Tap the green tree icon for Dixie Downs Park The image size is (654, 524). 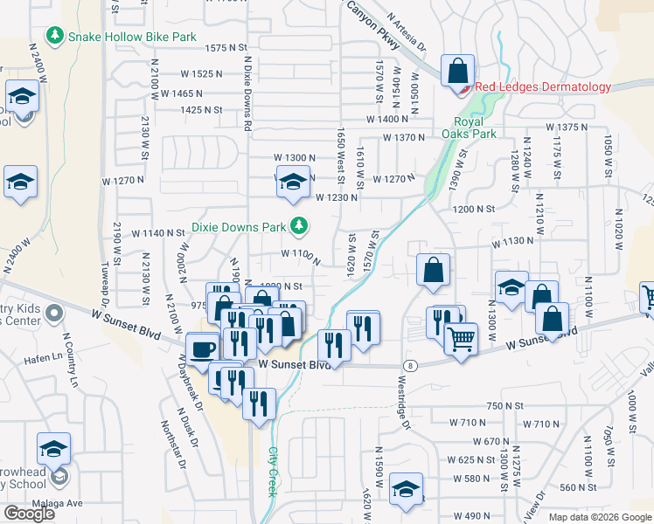(300, 226)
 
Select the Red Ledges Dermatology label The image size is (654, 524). (543, 87)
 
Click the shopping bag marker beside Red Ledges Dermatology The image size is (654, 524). (458, 71)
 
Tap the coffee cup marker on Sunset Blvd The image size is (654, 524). (204, 348)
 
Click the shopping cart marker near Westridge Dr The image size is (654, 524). (461, 336)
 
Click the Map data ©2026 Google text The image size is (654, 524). (600, 517)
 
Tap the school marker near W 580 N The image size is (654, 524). (406, 489)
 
